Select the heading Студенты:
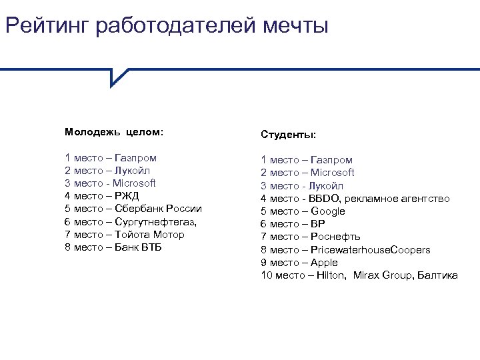[x=288, y=135]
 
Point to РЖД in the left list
[x=127, y=196]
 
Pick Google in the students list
[x=328, y=211]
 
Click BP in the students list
[x=318, y=224]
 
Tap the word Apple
[x=324, y=263]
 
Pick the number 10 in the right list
[x=266, y=275]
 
